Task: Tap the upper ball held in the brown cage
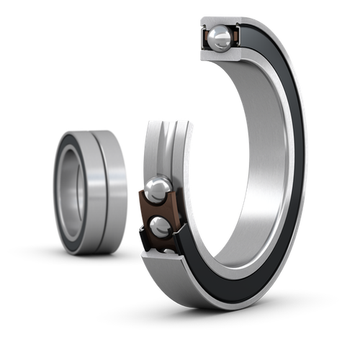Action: coord(157,191)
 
